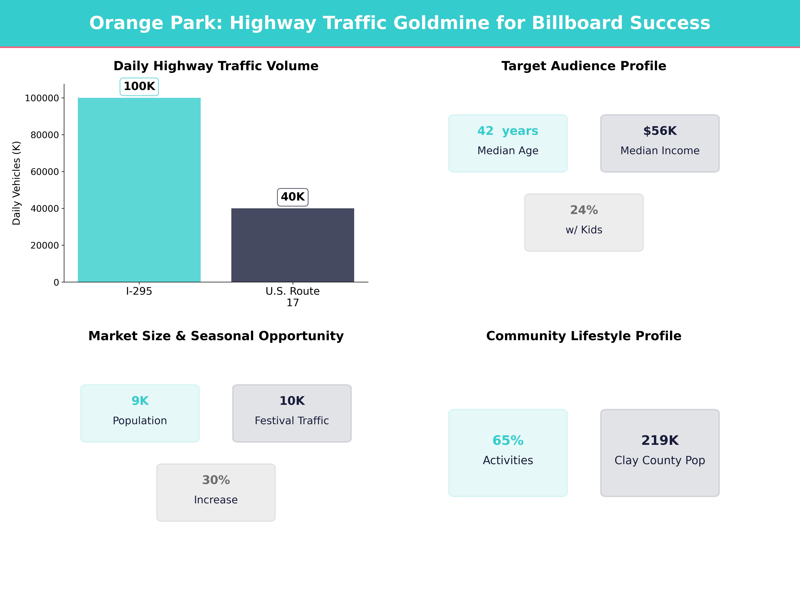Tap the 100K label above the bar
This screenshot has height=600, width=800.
139,86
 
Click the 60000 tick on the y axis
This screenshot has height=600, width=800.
44,172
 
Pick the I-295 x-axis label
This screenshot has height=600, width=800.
139,291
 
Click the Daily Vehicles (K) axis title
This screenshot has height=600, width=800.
16,183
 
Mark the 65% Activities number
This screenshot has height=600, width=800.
508,440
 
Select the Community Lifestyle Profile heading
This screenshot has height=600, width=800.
584,336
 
